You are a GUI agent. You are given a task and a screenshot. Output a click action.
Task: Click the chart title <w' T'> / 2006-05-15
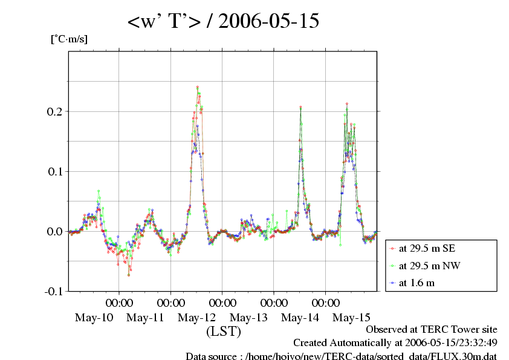click(223, 22)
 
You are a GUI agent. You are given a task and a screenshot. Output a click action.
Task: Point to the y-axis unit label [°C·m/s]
click(68, 39)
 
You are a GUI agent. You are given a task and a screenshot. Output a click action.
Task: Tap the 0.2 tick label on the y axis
click(54, 111)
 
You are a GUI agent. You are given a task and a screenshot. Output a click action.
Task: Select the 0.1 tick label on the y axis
click(54, 171)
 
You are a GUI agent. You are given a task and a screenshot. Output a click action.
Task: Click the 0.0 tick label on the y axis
click(54, 231)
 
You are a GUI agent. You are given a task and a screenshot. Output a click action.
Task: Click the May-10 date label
click(93, 317)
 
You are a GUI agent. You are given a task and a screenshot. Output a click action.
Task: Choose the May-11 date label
click(145, 317)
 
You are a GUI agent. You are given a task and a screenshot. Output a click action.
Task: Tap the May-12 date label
click(197, 317)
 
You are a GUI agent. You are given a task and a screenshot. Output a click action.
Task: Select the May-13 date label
click(249, 317)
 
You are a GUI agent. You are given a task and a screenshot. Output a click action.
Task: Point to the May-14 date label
click(300, 317)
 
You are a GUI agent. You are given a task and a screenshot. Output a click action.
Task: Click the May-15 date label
click(352, 317)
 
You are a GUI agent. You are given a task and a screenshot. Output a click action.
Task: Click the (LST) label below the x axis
click(224, 332)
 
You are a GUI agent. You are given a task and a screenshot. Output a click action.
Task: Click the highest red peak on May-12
click(197, 87)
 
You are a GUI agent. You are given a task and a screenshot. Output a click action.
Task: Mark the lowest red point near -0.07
click(129, 275)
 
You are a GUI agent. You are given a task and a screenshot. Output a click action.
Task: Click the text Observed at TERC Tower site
click(432, 330)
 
